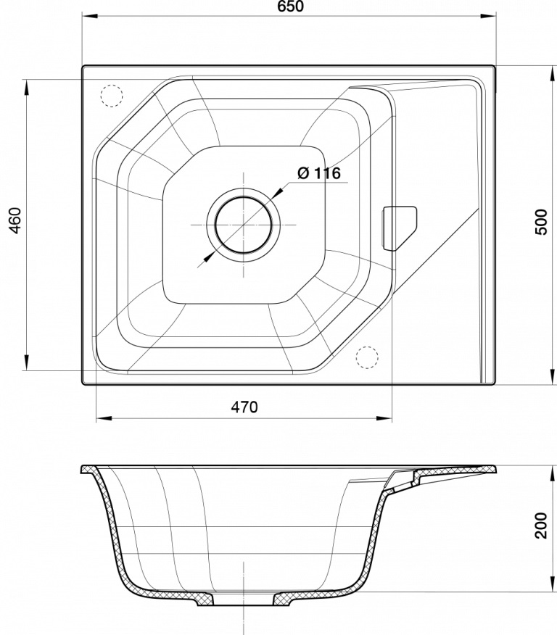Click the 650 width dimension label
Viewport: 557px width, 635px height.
pos(291,6)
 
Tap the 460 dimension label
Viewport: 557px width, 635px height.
pos(15,221)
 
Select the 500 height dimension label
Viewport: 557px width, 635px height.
pos(541,222)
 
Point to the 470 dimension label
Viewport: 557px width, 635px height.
pos(244,407)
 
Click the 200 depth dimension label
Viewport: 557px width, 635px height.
pos(541,526)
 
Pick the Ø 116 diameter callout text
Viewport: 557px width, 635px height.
pos(319,173)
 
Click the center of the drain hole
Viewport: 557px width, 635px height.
pos(244,225)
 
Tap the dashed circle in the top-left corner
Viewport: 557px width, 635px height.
pos(111,96)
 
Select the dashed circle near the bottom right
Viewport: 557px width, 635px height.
pos(367,357)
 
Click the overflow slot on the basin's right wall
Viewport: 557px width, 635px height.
pos(399,228)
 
